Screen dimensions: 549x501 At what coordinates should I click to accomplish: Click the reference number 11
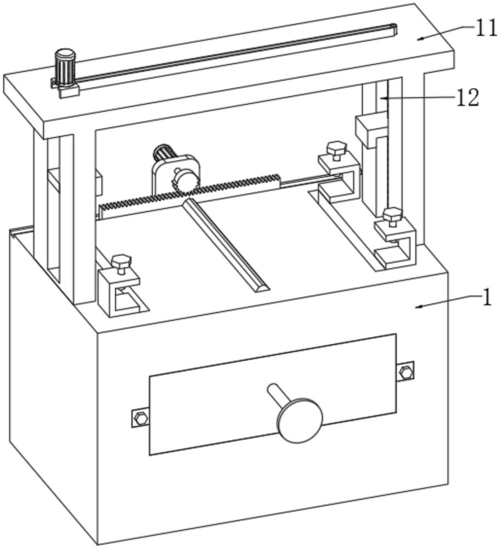click(x=486, y=27)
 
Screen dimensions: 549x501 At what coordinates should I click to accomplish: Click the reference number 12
click(x=468, y=98)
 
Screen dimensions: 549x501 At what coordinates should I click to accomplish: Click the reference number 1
click(x=486, y=298)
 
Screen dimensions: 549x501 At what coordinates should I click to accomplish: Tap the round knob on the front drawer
click(x=299, y=421)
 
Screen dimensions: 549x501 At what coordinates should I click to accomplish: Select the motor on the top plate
click(x=65, y=67)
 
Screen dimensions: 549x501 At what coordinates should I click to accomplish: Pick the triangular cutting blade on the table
click(x=225, y=245)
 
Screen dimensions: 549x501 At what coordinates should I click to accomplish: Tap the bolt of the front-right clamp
click(x=392, y=216)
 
